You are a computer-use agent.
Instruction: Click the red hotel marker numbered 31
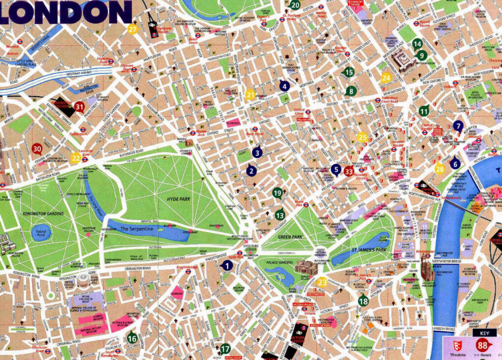79,106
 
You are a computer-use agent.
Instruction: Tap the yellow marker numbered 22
75,158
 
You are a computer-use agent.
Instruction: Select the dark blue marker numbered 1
226,265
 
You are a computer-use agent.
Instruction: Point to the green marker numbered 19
277,192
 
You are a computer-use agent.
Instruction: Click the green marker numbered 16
132,337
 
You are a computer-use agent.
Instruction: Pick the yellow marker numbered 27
133,29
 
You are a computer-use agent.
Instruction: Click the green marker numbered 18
363,301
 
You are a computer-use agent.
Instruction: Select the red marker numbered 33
349,171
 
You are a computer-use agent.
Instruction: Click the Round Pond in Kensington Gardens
41,232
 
